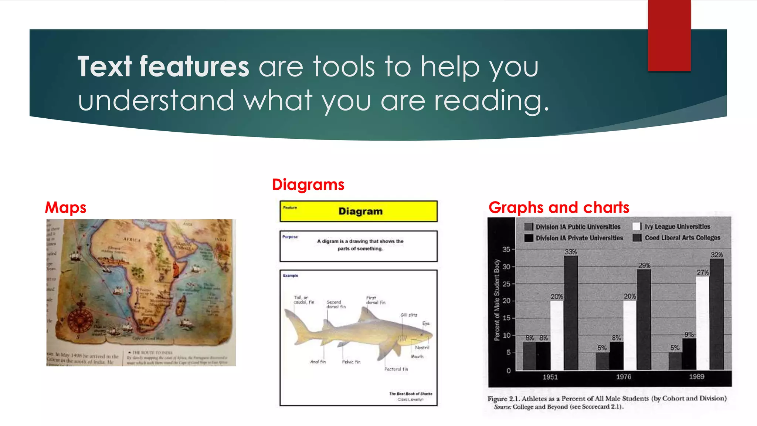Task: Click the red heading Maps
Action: [65, 207]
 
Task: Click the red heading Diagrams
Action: [308, 185]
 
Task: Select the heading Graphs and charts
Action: [559, 207]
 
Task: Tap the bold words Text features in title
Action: [163, 67]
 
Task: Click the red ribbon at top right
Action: [669, 35]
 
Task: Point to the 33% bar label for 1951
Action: [570, 252]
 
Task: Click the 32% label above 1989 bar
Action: [716, 255]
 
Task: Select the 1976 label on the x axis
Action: [623, 377]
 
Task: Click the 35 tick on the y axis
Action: [506, 250]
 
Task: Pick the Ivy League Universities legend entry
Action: [677, 227]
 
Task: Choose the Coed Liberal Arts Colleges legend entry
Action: [682, 238]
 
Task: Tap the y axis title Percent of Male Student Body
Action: [497, 300]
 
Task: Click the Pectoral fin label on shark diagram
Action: [396, 369]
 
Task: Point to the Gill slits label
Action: [408, 315]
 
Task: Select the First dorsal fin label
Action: [375, 300]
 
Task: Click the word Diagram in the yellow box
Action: [360, 212]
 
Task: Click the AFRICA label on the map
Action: [132, 240]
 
